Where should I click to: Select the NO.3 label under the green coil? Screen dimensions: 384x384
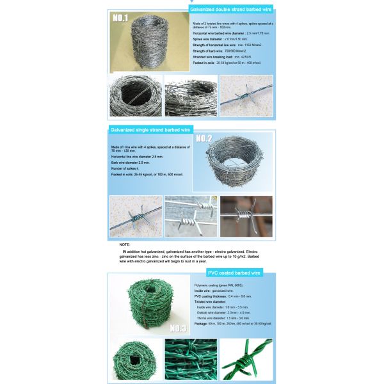click(175, 328)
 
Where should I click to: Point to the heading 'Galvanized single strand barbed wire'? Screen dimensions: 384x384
click(150, 129)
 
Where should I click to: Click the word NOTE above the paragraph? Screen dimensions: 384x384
click(125, 244)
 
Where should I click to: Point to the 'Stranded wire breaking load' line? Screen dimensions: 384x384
click(223, 58)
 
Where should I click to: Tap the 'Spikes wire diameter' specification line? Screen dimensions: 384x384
click(221, 39)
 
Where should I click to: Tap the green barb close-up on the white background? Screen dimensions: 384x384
click(246, 360)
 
